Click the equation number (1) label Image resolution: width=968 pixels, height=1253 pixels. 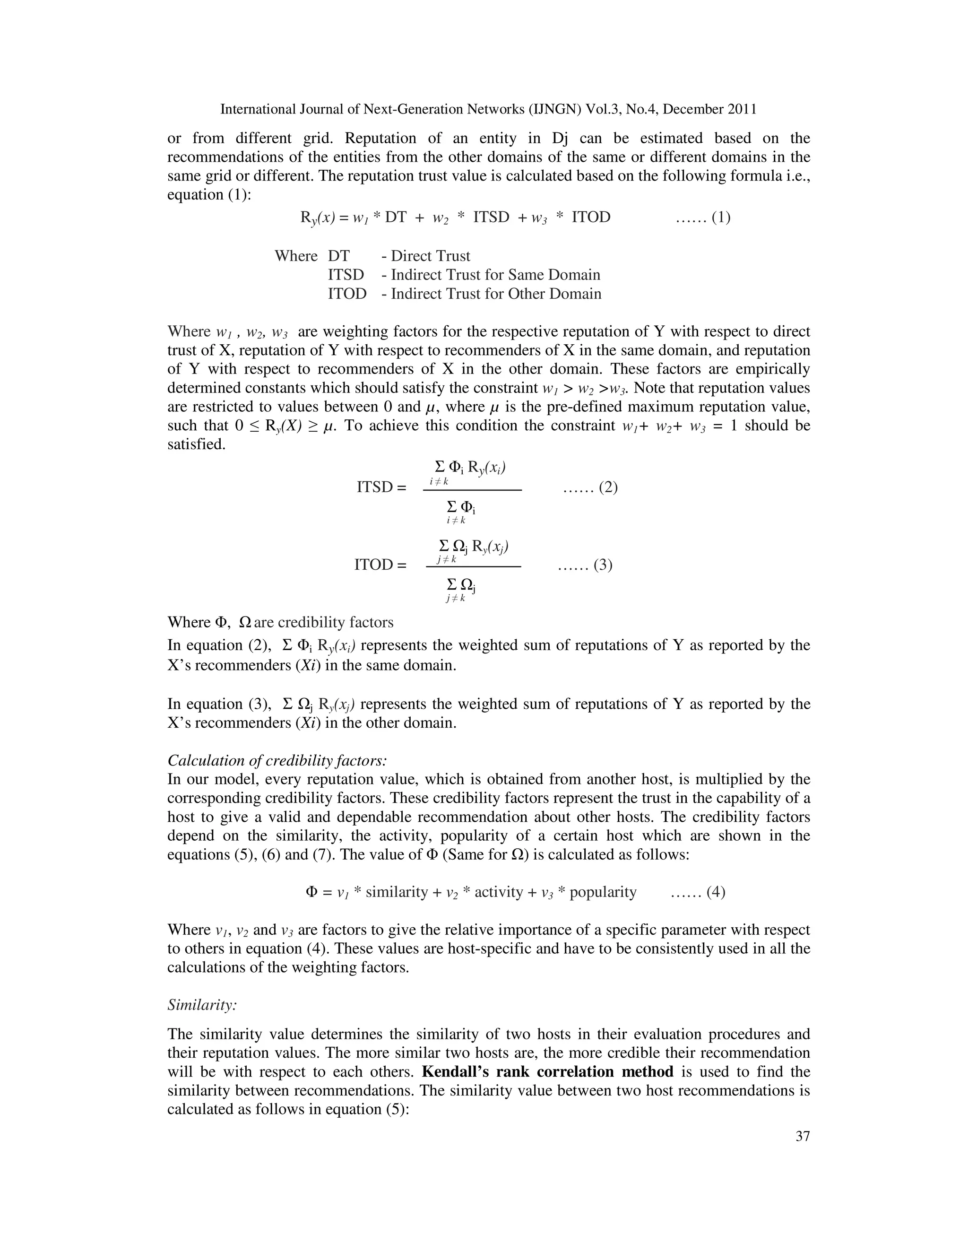click(x=721, y=218)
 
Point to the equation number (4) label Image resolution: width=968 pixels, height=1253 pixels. click(x=716, y=892)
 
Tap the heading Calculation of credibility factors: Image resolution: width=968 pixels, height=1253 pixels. click(x=277, y=761)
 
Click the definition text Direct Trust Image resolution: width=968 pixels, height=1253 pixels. click(x=430, y=256)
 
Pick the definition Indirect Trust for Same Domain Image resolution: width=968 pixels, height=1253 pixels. click(x=495, y=275)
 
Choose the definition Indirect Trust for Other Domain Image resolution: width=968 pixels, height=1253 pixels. click(x=496, y=294)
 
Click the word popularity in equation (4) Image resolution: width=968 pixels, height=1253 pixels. click(x=603, y=893)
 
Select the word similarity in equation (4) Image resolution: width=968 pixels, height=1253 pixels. click(x=396, y=893)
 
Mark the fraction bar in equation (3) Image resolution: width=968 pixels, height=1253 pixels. click(x=473, y=567)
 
